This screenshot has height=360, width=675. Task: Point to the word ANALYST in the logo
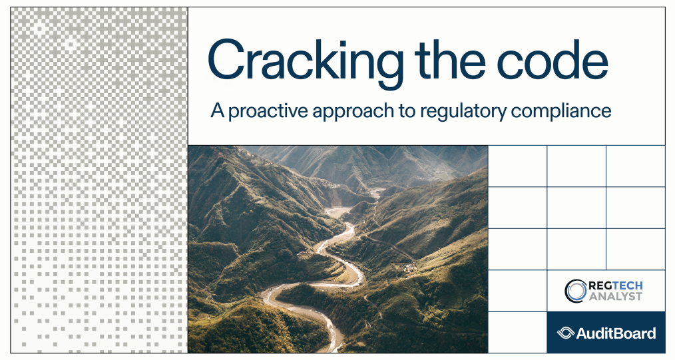(x=615, y=296)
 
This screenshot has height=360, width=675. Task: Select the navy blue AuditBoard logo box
(x=606, y=332)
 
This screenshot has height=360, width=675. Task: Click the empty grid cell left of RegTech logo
(x=517, y=291)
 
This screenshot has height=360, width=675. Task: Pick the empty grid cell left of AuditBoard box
(x=517, y=332)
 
